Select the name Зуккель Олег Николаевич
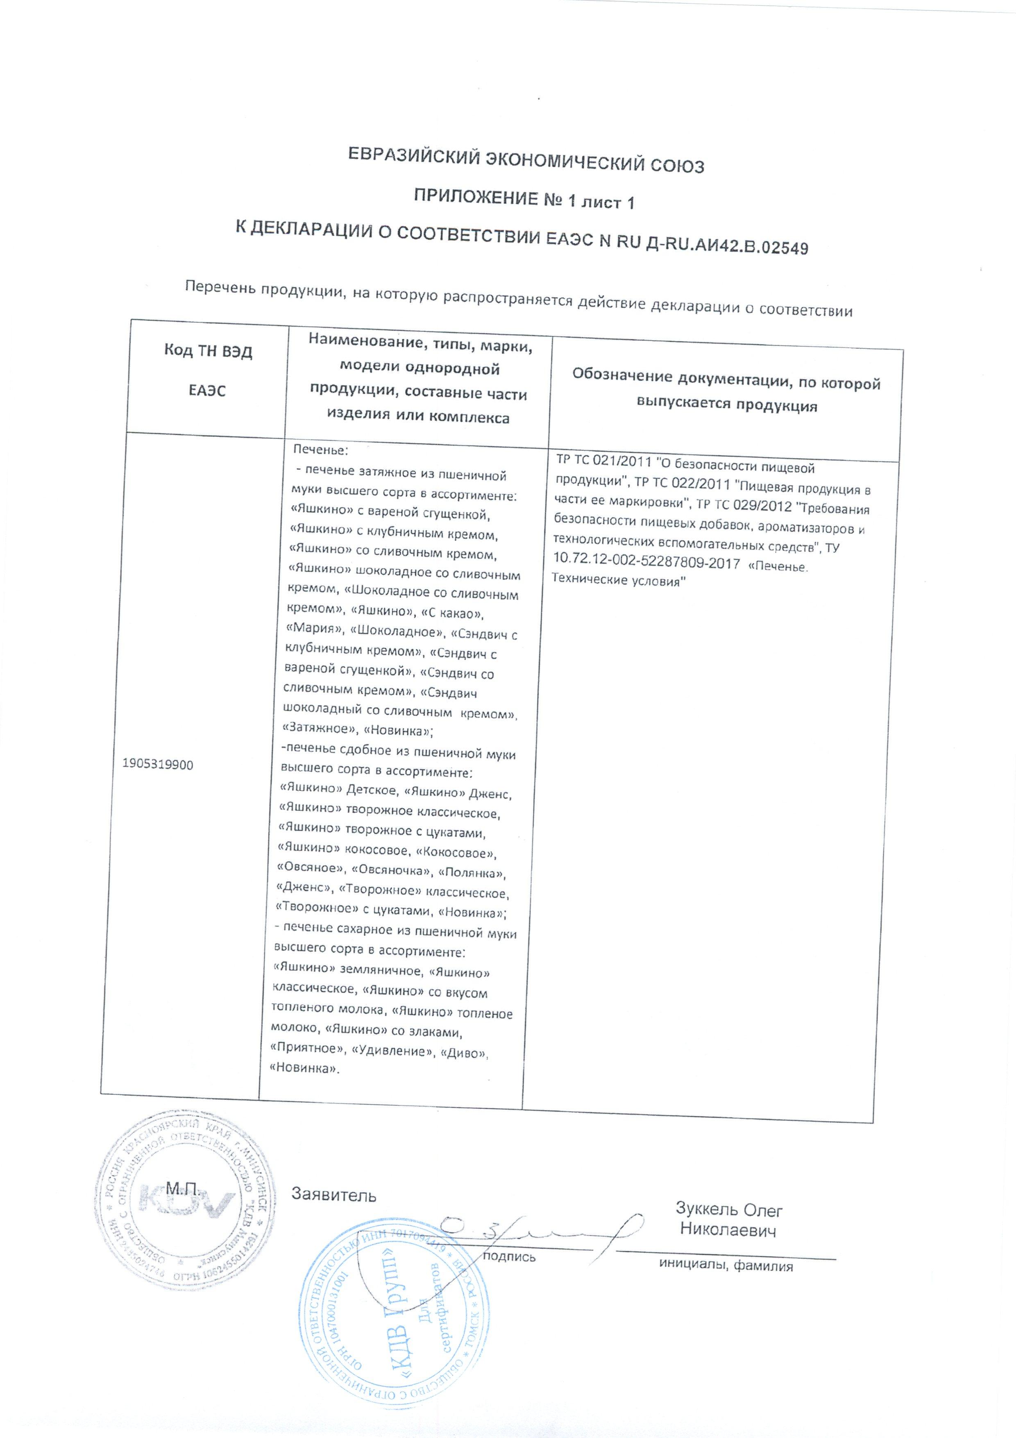tap(729, 1220)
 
